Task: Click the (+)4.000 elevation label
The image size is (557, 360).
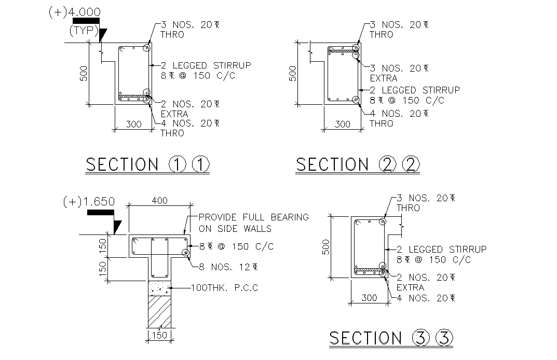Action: (74, 12)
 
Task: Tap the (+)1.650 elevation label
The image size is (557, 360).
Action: (88, 202)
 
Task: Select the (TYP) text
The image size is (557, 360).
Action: (84, 31)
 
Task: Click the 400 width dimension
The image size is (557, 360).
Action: (161, 200)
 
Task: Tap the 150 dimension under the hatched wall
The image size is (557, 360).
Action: (159, 335)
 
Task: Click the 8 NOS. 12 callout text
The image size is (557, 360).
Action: (228, 267)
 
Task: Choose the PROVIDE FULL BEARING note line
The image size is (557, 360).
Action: (253, 217)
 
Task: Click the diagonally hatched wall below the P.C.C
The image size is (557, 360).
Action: (160, 311)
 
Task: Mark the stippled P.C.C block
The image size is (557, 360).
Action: (160, 288)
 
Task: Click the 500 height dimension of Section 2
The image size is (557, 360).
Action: (292, 74)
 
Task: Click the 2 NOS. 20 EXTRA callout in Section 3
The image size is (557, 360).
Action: (425, 282)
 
